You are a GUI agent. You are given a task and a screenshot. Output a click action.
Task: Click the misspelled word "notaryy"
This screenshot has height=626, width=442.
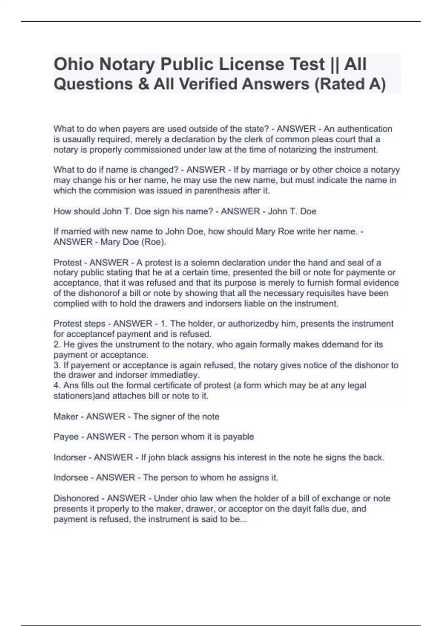coord(385,170)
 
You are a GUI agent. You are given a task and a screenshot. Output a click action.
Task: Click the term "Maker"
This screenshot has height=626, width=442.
coord(66,416)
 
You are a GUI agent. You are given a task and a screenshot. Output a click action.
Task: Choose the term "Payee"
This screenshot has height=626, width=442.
coord(66,437)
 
